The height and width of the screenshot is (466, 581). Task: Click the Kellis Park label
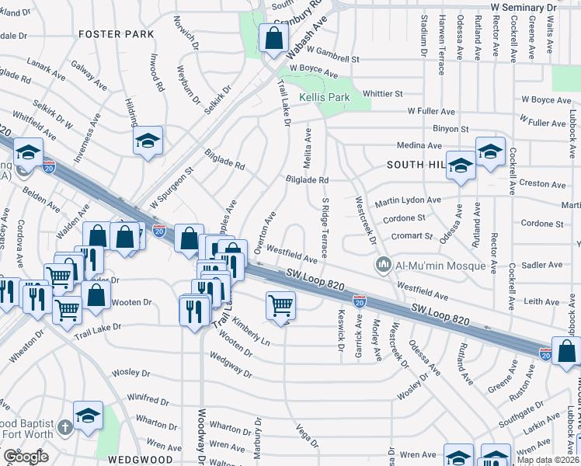pos(325,97)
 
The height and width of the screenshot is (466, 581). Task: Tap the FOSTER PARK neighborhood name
pos(116,34)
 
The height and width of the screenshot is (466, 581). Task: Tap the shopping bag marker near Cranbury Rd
pos(275,38)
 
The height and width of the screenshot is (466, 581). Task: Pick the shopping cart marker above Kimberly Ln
pos(280,305)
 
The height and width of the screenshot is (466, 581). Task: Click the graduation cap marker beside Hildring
pos(148,141)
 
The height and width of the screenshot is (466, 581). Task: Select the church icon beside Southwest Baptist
pos(65,427)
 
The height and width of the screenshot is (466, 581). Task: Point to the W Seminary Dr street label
pos(524,6)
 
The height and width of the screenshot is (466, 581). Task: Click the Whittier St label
pos(384,93)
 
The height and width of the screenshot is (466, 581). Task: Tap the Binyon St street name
pos(451,129)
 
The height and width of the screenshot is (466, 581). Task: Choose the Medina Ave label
pos(419,146)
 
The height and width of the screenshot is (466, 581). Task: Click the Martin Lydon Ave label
pos(408,201)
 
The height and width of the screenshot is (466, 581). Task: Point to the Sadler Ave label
pos(543,265)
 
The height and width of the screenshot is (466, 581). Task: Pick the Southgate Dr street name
pos(522,409)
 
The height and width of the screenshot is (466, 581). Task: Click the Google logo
pos(26,457)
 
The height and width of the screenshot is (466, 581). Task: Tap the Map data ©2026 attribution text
pos(547,460)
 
